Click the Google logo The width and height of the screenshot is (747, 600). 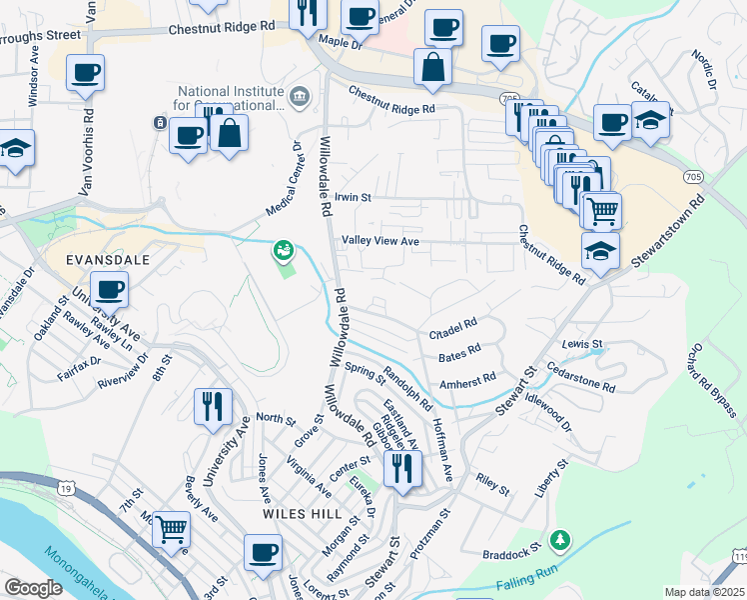click(33, 588)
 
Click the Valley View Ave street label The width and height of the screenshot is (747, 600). click(380, 241)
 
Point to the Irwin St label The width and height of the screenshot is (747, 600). click(353, 198)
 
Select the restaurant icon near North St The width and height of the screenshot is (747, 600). click(213, 405)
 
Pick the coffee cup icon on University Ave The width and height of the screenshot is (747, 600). click(111, 290)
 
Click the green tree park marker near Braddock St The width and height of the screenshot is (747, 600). click(561, 540)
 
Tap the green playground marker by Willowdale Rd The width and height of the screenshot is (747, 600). click(284, 249)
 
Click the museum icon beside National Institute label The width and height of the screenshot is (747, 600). click(301, 96)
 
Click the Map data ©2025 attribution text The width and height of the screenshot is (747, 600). click(704, 592)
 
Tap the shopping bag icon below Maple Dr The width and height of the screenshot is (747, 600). click(432, 68)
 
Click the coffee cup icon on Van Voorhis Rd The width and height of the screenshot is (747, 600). click(86, 72)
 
